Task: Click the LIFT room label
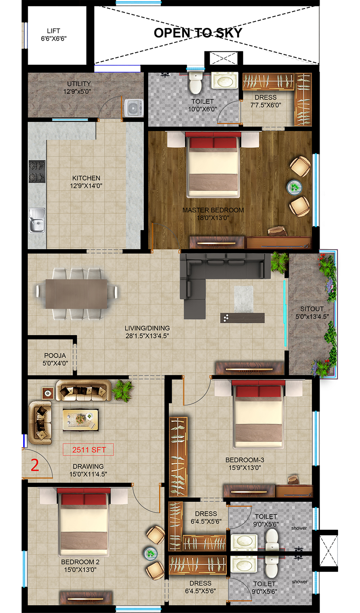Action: (x=54, y=35)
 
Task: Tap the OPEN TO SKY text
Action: (x=198, y=33)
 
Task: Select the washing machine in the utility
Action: (x=134, y=108)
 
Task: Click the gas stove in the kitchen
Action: (x=37, y=172)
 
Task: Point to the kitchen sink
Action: (x=37, y=220)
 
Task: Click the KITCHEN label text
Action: (x=86, y=182)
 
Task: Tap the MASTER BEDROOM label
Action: (x=213, y=214)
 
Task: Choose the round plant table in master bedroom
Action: (x=294, y=187)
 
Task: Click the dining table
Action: (x=76, y=294)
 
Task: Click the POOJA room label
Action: (x=55, y=359)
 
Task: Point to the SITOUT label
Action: (x=312, y=313)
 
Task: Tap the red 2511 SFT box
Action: (x=89, y=450)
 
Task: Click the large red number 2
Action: (x=35, y=465)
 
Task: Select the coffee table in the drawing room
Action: (x=81, y=420)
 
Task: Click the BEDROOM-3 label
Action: (x=245, y=464)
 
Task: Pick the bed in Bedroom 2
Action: (x=84, y=522)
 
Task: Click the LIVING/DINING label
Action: (x=147, y=332)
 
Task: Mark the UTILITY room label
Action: (x=78, y=87)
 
